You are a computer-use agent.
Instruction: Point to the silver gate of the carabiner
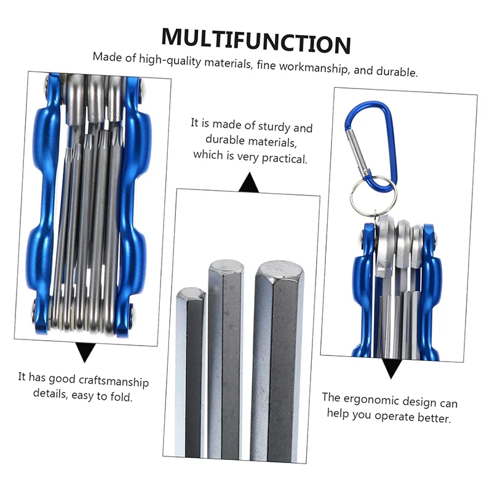[x=357, y=153]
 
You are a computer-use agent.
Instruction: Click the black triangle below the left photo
[x=85, y=352]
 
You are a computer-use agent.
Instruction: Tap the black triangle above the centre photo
[x=249, y=183]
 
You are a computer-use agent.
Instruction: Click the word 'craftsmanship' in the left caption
[x=114, y=381]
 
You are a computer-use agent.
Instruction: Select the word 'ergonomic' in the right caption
[x=371, y=400]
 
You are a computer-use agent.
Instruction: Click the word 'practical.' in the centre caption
[x=284, y=158]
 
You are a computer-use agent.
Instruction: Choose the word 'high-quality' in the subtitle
[x=170, y=60]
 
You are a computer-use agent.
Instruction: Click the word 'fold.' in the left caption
[x=121, y=397]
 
